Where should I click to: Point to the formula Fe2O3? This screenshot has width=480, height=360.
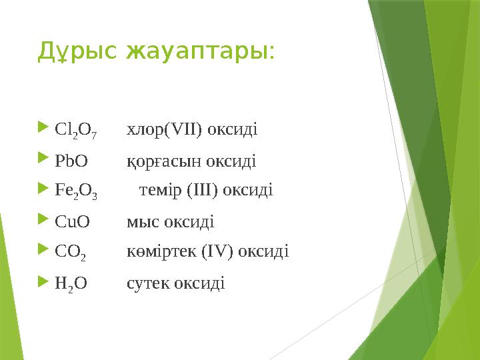pyautogui.click(x=76, y=192)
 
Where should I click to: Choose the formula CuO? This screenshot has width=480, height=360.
pyautogui.click(x=72, y=222)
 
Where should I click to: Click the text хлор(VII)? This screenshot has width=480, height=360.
pyautogui.click(x=165, y=129)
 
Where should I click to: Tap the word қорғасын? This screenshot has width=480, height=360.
pyautogui.click(x=164, y=161)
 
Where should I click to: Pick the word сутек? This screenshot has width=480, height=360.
pyautogui.click(x=147, y=284)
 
